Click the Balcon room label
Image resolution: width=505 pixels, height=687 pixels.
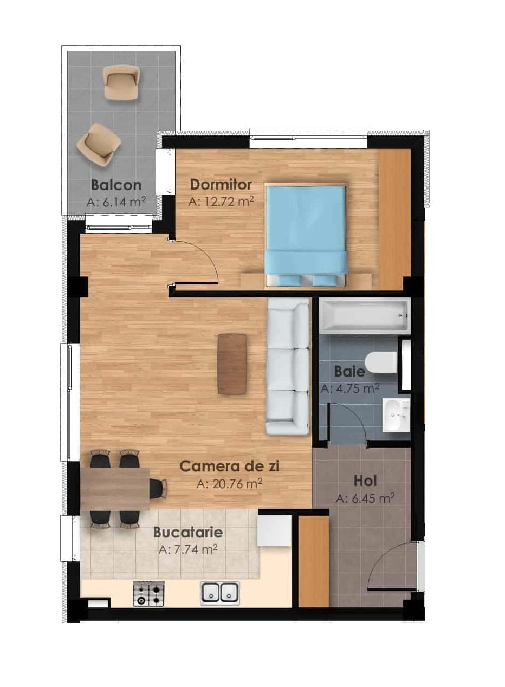(116, 185)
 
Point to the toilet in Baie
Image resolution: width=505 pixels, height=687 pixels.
(381, 361)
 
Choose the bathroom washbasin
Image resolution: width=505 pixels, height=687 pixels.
(397, 416)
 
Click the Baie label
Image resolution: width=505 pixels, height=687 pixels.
(349, 372)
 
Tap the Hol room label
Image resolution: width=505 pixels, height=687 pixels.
(365, 481)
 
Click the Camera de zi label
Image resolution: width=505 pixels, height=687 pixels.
(229, 466)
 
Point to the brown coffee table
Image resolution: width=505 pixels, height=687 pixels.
(232, 364)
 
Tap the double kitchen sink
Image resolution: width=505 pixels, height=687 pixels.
(220, 592)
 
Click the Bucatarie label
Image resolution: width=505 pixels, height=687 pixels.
(188, 532)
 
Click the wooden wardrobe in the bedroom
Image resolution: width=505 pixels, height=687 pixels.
(394, 219)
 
